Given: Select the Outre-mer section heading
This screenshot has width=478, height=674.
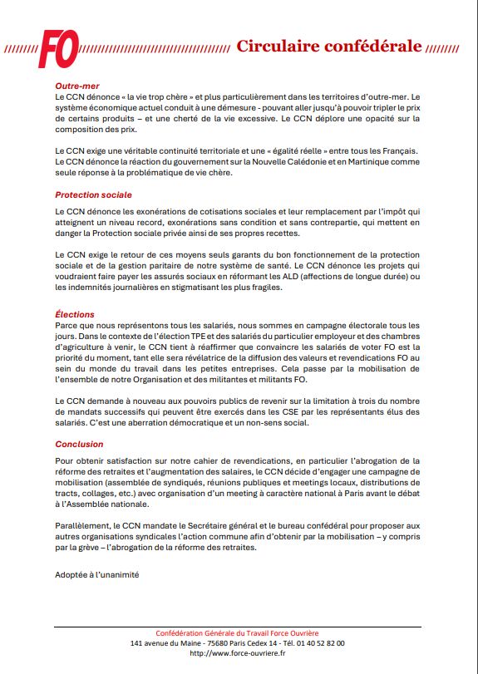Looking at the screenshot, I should [78, 86].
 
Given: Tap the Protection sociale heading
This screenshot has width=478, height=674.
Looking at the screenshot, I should [93, 194].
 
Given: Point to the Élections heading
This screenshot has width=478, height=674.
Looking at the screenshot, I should [75, 314].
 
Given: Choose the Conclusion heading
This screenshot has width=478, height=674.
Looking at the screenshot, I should [79, 444].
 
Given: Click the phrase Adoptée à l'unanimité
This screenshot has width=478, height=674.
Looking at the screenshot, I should [96, 574].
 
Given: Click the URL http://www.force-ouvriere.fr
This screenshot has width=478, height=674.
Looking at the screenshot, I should [238, 653].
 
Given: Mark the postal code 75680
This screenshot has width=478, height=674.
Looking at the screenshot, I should [218, 643].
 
